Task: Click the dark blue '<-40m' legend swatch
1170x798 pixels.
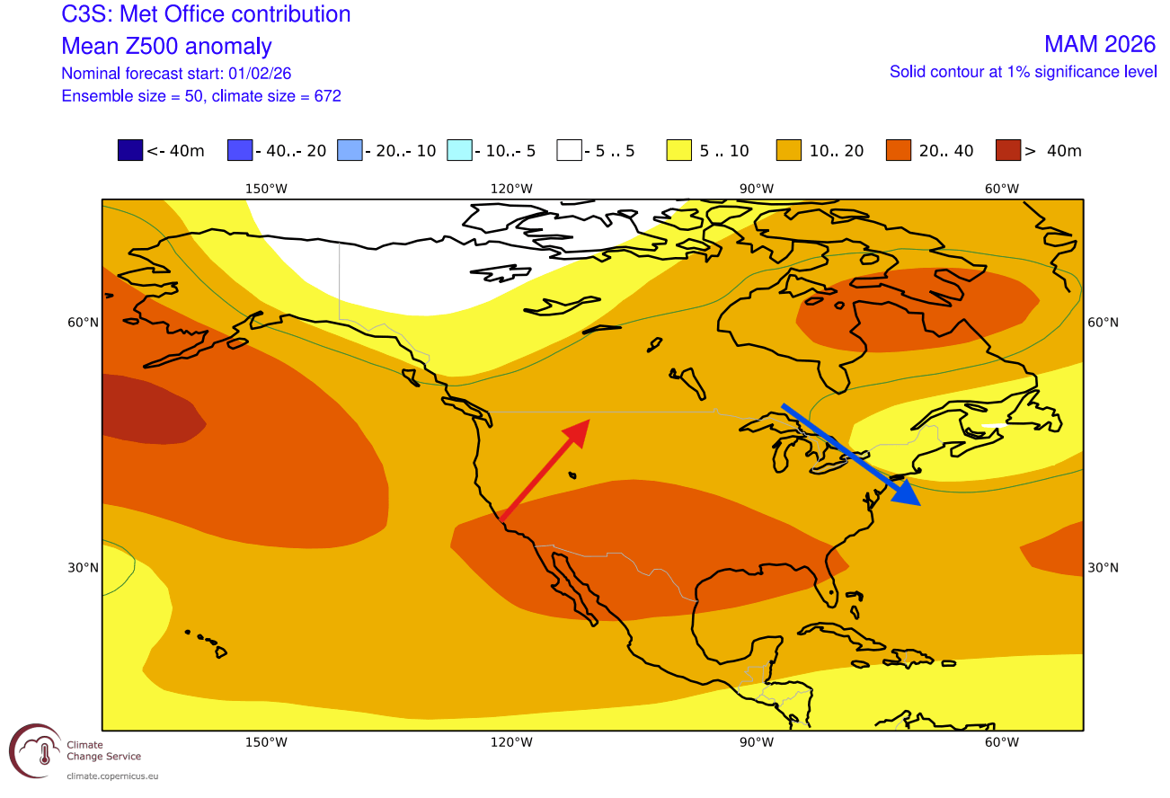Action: pos(130,151)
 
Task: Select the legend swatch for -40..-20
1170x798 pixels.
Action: pos(240,151)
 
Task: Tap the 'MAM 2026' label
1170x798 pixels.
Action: pos(1099,44)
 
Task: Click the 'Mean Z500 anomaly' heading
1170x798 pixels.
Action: pos(166,46)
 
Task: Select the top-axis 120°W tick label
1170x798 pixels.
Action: pos(511,189)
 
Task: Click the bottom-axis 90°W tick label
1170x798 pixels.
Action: pos(757,742)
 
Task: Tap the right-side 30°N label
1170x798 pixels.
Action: pos(1102,568)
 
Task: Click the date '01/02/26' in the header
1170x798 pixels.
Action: pos(261,73)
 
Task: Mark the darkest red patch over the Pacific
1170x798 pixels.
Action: pos(148,409)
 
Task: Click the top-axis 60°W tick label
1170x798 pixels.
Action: pos(1001,189)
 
